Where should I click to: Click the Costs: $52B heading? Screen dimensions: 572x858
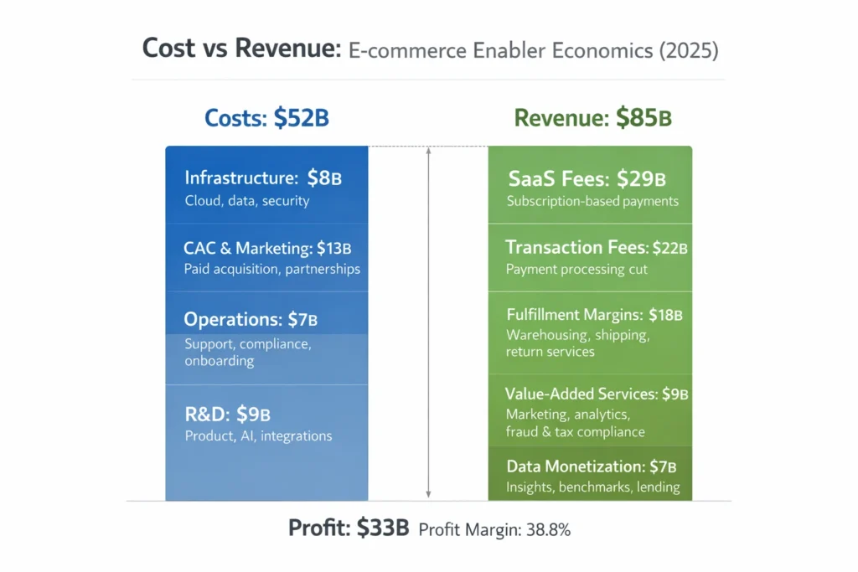point(266,118)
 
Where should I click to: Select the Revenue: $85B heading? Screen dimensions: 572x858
point(592,118)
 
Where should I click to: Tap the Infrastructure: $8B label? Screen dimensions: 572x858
point(263,178)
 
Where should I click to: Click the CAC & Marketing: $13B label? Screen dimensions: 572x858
point(267,248)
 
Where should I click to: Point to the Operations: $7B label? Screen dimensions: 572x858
point(251,319)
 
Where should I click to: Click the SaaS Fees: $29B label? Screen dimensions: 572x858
point(587,178)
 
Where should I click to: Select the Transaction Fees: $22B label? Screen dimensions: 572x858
point(597,247)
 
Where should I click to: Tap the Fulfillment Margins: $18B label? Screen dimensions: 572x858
point(594,315)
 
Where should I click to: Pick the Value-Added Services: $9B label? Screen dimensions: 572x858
point(596,394)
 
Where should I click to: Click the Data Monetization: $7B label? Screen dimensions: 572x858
point(591,466)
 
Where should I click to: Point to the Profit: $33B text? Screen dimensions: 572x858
point(349,528)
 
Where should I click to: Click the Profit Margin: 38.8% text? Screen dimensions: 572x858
point(494,529)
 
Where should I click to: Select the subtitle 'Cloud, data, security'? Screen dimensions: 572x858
point(247,201)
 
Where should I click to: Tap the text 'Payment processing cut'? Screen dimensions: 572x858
point(576,270)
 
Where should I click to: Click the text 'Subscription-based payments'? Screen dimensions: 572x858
point(592,201)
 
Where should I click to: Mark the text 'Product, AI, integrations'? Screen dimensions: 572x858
point(258,435)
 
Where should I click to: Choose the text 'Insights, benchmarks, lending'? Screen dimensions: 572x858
point(592,487)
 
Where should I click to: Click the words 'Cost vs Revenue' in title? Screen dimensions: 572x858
point(238,49)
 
